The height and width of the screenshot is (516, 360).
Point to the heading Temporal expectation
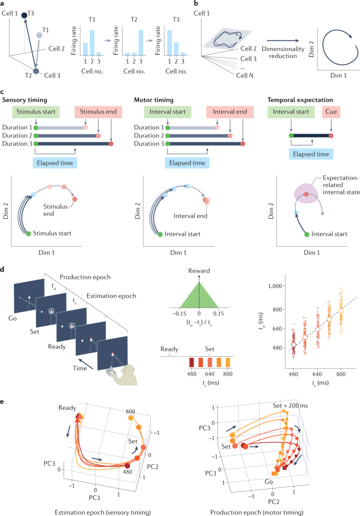click(x=311, y=100)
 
